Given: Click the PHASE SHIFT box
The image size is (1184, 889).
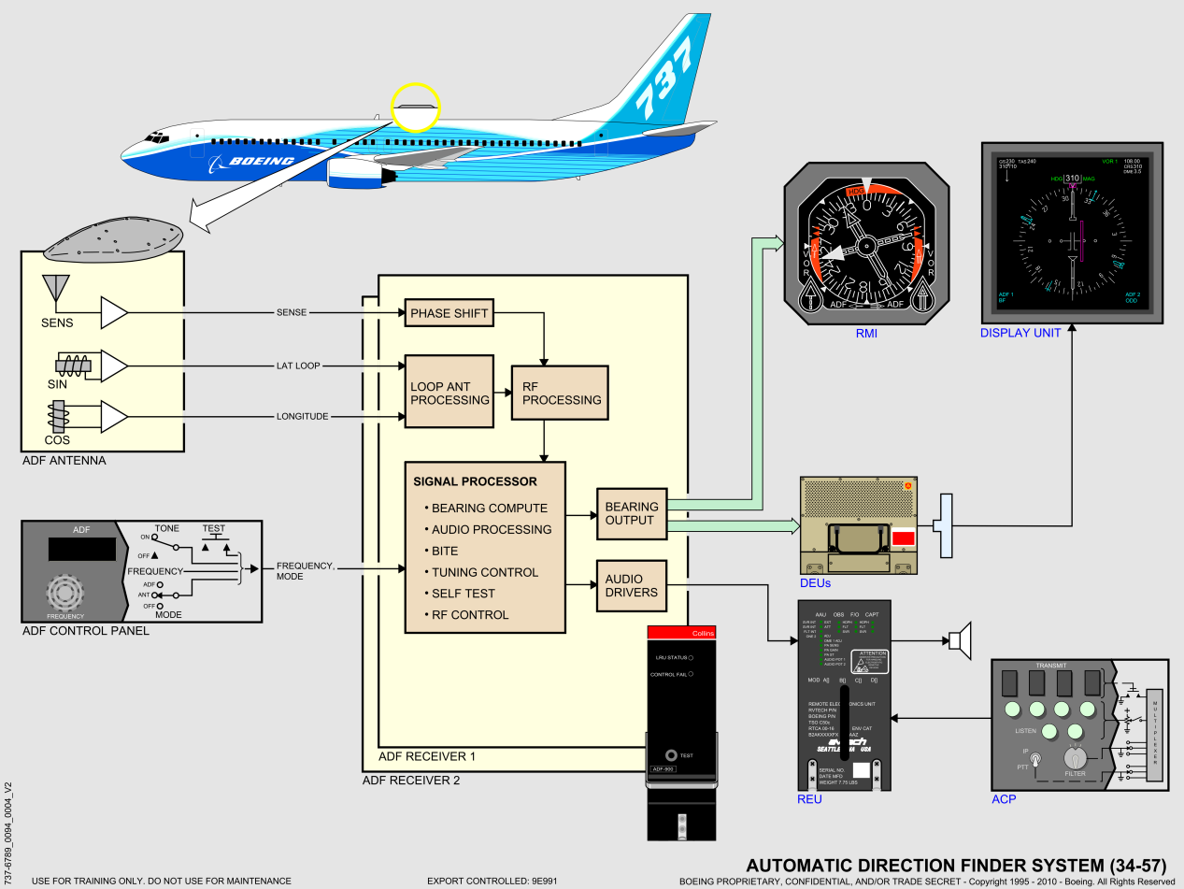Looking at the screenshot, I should pyautogui.click(x=449, y=313).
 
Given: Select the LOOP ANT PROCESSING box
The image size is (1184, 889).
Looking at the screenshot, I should pyautogui.click(x=449, y=392).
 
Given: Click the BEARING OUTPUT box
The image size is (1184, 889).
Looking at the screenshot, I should pyautogui.click(x=631, y=513).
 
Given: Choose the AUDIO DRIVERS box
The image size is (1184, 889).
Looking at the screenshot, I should pyautogui.click(x=631, y=585).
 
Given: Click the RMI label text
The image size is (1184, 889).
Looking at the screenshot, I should pyautogui.click(x=867, y=333).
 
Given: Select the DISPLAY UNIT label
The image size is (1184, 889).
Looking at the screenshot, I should pyautogui.click(x=1020, y=333).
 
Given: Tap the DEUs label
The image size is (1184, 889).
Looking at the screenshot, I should pyautogui.click(x=816, y=582).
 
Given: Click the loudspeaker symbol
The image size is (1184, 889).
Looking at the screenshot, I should pyautogui.click(x=960, y=640).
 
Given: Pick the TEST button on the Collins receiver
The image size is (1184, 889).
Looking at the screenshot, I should pyautogui.click(x=670, y=754).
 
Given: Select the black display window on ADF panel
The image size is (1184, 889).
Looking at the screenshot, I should pyautogui.click(x=81, y=550).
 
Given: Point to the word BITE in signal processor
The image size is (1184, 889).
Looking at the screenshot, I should pyautogui.click(x=445, y=551).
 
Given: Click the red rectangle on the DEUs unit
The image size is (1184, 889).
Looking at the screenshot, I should pyautogui.click(x=904, y=538).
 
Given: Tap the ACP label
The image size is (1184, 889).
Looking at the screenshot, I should pyautogui.click(x=1004, y=799).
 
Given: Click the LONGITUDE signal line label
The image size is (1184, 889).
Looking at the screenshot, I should pyautogui.click(x=302, y=417).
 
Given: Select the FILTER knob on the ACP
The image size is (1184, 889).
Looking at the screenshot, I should pyautogui.click(x=1074, y=758).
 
